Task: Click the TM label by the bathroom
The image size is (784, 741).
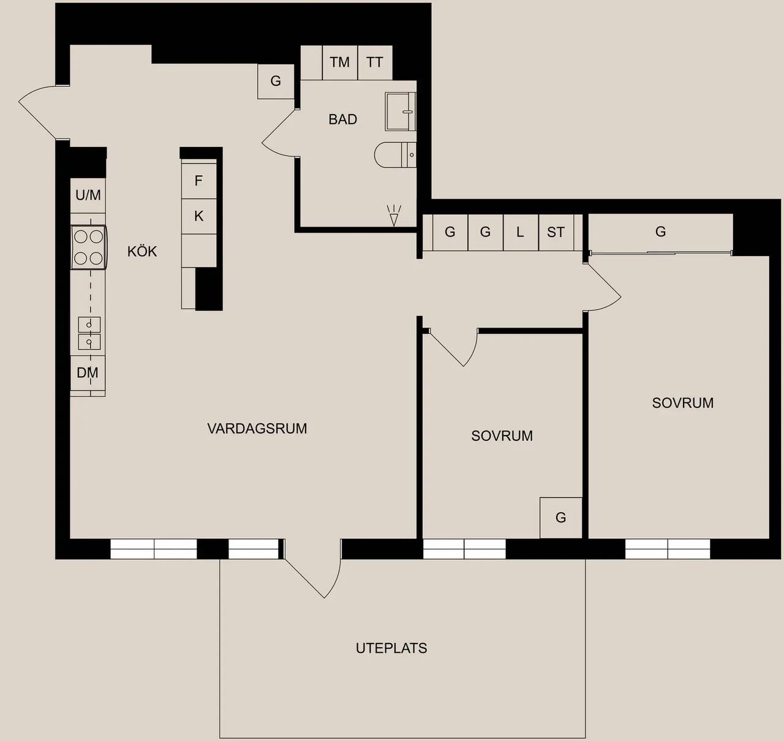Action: point(339,62)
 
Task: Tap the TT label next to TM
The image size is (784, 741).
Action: point(374,62)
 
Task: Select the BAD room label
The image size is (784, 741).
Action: point(342,119)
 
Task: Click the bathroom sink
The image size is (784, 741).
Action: point(401,111)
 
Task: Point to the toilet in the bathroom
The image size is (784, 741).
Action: point(395,154)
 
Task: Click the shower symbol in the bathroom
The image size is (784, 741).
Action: point(394,216)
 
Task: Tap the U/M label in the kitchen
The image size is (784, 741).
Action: point(88,195)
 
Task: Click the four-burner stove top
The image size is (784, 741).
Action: point(89,247)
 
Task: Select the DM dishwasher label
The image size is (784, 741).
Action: point(88,373)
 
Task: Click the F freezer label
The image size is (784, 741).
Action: point(198,181)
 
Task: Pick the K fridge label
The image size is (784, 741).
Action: point(198,216)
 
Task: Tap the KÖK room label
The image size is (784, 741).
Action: point(142,251)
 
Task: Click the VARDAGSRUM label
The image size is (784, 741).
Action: point(257,429)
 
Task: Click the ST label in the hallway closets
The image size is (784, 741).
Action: point(556,232)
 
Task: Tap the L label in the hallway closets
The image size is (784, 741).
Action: point(520,232)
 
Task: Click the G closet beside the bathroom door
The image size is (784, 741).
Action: point(276,81)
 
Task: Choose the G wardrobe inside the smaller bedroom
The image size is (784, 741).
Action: point(560,517)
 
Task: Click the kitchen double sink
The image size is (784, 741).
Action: point(89,333)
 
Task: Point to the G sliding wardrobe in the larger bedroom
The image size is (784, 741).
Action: point(660,233)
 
